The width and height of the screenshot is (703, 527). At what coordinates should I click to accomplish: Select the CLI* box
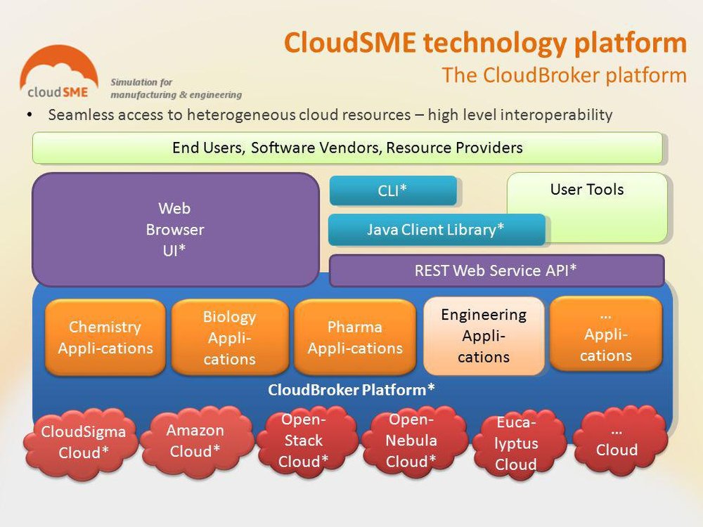click(393, 190)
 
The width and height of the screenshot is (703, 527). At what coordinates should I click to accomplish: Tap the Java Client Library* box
click(436, 230)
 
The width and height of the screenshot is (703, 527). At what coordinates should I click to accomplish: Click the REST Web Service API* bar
click(496, 271)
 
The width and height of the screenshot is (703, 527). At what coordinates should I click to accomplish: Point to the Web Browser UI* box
click(175, 229)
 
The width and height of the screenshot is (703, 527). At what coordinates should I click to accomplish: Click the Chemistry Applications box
click(105, 337)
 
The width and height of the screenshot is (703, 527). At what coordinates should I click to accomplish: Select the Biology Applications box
click(229, 337)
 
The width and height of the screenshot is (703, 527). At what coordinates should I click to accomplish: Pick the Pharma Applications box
click(354, 337)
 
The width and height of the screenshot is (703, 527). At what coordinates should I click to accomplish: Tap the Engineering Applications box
click(484, 336)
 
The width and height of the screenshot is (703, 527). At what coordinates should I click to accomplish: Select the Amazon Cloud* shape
click(195, 441)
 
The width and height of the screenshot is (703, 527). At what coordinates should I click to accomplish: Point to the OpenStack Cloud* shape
click(302, 441)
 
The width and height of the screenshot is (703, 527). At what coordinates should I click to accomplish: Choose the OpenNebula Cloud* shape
click(412, 441)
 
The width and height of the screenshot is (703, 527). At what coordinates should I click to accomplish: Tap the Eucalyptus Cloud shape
click(517, 443)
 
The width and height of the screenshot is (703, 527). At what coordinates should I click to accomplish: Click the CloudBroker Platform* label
click(351, 390)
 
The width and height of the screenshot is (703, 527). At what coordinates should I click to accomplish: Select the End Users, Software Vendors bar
click(347, 148)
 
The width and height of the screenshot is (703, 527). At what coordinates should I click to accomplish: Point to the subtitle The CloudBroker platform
click(564, 75)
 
